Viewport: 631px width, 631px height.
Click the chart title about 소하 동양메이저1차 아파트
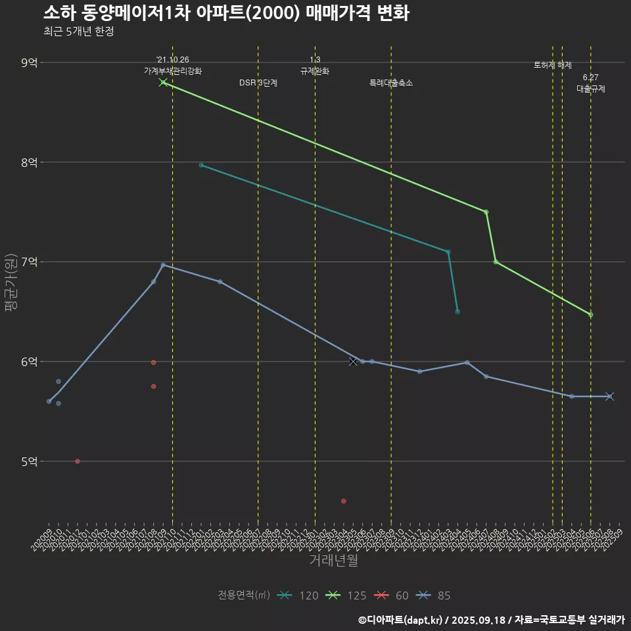[x=226, y=13]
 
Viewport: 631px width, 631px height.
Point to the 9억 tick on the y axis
[x=30, y=62]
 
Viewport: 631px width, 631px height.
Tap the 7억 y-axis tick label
[x=30, y=262]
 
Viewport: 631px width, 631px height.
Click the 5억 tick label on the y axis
[x=30, y=461]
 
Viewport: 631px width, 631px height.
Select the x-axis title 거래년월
[x=333, y=561]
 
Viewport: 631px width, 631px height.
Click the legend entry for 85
[x=434, y=596]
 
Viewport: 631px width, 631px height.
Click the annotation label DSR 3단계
[x=258, y=83]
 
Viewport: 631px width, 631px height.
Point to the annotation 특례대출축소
[x=391, y=83]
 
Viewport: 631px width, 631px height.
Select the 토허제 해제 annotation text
[x=552, y=65]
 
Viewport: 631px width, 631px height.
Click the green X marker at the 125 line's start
[x=163, y=82]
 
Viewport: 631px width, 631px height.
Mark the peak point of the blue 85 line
[x=163, y=265]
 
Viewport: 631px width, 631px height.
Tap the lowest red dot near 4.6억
[x=343, y=501]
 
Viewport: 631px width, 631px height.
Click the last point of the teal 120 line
[x=457, y=312]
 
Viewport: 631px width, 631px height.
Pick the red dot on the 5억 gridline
[x=78, y=461]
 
